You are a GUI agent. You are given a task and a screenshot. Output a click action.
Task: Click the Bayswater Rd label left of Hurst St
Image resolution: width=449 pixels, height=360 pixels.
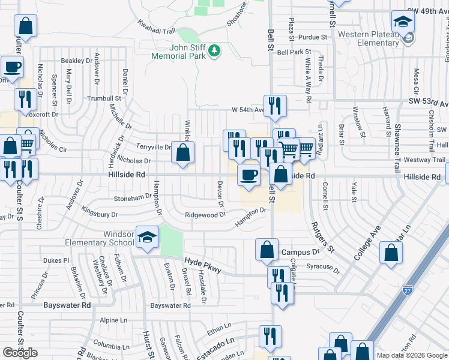(67, 305)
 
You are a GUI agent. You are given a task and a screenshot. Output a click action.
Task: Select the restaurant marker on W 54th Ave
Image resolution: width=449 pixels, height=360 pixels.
(275, 106)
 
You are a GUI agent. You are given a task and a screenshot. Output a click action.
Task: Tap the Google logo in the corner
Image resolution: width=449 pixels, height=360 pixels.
(20, 353)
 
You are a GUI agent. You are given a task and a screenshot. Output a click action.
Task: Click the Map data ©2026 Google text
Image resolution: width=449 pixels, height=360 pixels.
(411, 355)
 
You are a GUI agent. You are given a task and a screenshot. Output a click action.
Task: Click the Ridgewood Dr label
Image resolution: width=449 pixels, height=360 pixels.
(205, 215)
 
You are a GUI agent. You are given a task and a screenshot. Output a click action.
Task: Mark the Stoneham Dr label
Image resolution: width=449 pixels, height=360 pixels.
(132, 197)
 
